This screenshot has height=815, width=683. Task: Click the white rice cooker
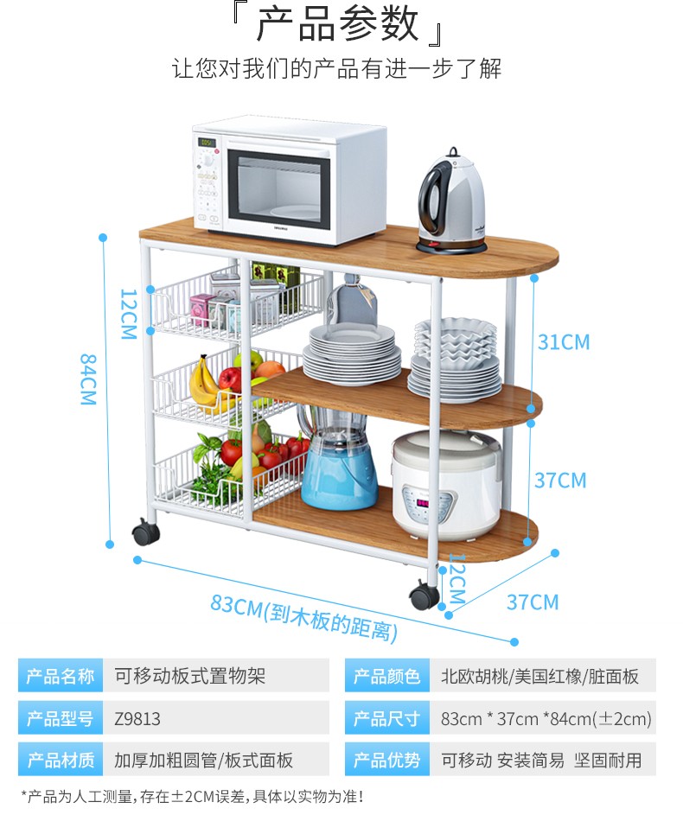tap(446, 484)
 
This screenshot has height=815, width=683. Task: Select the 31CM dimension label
tap(563, 342)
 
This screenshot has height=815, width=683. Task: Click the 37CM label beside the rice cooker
tap(559, 480)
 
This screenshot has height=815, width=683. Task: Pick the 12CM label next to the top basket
tap(128, 314)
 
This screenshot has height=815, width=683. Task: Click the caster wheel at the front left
tap(145, 532)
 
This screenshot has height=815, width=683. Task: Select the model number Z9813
tap(137, 718)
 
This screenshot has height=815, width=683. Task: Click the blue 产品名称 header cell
tap(61, 676)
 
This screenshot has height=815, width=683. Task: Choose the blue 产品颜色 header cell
tap(386, 676)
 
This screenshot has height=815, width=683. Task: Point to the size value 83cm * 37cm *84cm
tap(546, 718)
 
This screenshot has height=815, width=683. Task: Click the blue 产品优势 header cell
tap(386, 760)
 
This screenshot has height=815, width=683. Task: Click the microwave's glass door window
tap(278, 186)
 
